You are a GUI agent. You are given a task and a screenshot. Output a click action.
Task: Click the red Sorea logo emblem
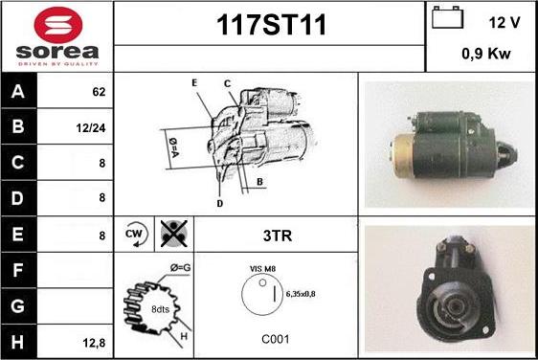58,25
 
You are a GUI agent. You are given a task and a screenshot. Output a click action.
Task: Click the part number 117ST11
271,25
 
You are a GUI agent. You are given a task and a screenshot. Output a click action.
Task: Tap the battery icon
447,17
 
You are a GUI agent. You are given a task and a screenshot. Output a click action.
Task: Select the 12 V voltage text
504,23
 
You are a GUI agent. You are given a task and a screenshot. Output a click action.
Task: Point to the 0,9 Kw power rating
486,54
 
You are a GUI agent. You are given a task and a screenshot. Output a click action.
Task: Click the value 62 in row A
99,92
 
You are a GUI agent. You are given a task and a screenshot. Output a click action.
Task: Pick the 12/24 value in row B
91,128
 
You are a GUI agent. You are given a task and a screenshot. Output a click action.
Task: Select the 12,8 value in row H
94,343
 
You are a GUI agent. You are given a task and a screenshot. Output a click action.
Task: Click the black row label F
18,270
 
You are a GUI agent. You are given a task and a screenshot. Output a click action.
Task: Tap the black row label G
18,305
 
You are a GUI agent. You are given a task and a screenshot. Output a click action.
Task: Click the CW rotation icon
135,235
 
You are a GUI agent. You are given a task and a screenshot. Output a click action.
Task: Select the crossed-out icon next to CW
174,234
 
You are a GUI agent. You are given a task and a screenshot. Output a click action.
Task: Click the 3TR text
278,236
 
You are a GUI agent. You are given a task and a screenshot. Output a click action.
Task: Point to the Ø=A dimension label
173,147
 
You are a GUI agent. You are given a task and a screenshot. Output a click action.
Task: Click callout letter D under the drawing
219,204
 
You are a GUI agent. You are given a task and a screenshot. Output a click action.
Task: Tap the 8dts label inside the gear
160,309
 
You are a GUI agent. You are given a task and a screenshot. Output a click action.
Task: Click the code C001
276,339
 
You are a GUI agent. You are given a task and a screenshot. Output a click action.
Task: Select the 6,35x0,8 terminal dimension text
301,294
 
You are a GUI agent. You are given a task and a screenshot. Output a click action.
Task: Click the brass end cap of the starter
403,156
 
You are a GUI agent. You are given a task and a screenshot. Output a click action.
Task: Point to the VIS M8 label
262,269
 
